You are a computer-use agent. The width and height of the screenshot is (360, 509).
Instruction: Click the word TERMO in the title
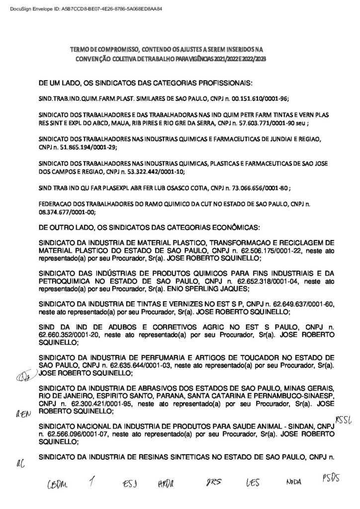click(x=80, y=50)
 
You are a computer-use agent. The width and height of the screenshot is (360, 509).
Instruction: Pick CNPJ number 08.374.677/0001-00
click(x=67, y=211)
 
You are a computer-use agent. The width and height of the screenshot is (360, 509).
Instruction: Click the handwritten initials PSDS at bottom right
click(x=327, y=480)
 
